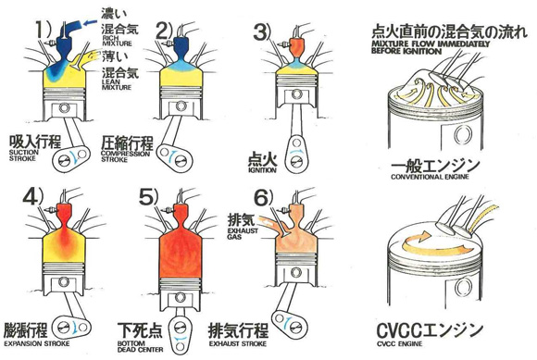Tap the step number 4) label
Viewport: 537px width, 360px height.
33,197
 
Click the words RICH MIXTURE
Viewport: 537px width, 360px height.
117,41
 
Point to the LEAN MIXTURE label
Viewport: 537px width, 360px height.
117,84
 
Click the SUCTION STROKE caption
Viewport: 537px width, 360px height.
24,155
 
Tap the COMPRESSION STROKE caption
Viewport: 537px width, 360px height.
125,156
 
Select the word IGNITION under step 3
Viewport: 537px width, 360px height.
262,170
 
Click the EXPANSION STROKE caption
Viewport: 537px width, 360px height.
37,343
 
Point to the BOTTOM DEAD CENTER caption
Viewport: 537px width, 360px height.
140,346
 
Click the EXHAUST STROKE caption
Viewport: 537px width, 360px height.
238,343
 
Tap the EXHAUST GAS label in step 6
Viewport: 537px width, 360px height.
243,233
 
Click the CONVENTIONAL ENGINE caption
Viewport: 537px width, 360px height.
430,177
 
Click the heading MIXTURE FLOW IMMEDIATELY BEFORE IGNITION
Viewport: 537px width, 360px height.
431,47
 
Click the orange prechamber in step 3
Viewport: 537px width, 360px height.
297,48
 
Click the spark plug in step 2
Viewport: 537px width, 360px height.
169,43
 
